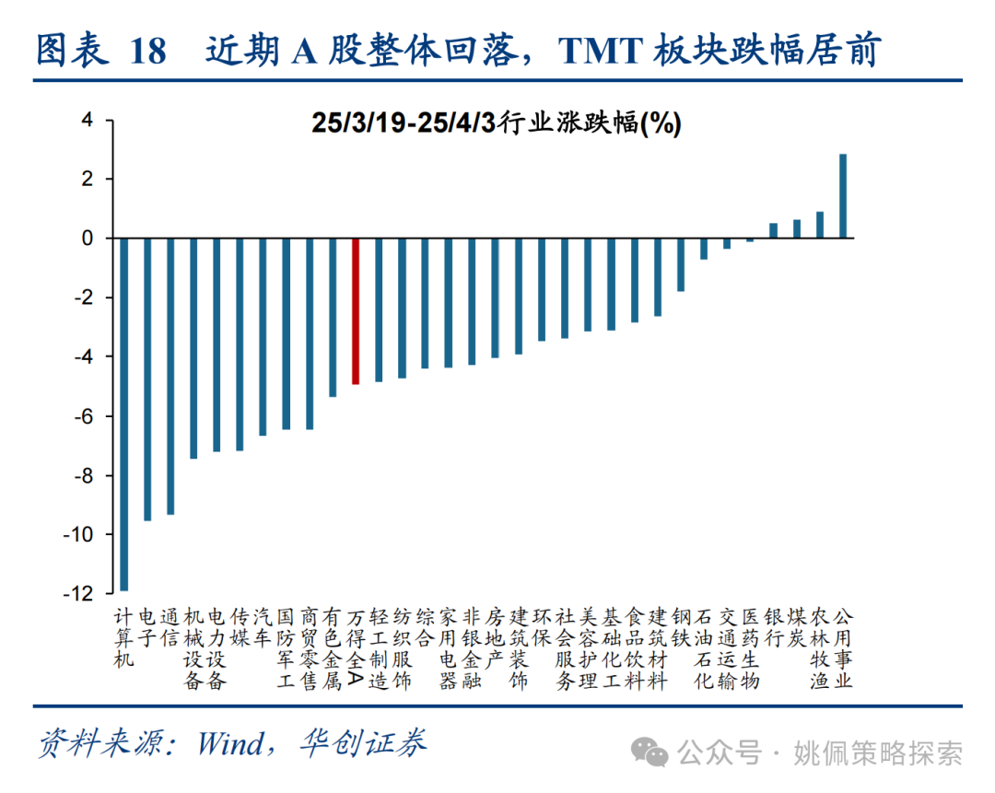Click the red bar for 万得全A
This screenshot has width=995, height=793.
click(356, 310)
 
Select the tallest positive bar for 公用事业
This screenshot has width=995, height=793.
click(843, 196)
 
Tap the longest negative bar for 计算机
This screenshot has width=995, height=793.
click(124, 414)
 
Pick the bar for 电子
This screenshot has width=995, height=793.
click(147, 379)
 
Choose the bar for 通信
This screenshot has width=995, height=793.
click(170, 376)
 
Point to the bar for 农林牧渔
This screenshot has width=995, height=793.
click(820, 225)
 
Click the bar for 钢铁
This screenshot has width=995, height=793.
click(681, 264)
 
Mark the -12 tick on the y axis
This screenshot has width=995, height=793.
click(79, 594)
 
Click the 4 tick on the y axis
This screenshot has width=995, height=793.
click(88, 120)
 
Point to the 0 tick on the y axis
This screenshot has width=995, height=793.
click(88, 239)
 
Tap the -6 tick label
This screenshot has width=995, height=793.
click(83, 416)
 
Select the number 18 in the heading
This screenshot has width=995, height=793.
click(148, 52)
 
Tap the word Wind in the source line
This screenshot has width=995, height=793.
click(230, 743)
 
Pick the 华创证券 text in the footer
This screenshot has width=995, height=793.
click(364, 743)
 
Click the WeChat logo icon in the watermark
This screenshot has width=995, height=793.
click(655, 754)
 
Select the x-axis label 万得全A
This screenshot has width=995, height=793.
click(356, 647)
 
